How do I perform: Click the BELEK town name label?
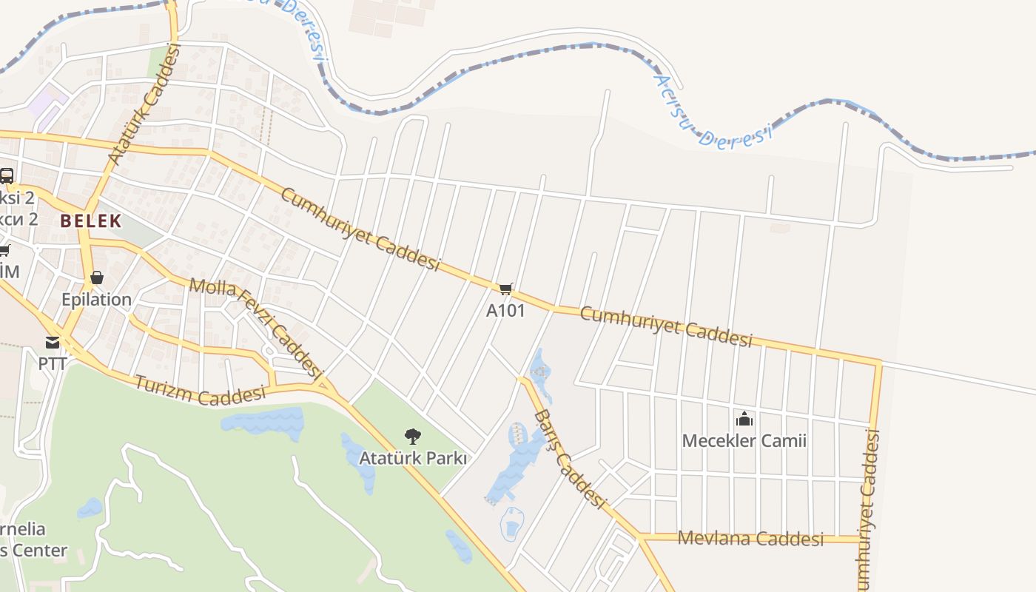pos(91,221)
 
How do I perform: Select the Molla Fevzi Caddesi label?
pos(257,327)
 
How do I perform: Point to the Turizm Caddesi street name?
pos(200,389)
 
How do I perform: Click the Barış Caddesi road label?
pos(568,458)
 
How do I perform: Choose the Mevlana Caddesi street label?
pos(750,539)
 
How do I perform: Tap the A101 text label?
pos(505,310)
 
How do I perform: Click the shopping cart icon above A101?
pos(505,289)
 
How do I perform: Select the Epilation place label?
pos(96,300)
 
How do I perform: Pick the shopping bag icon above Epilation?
pos(96,278)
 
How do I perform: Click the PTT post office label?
pos(53,364)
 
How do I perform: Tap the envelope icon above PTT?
pos(53,343)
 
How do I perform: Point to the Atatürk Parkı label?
pos(413,458)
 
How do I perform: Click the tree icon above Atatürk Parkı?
pos(413,437)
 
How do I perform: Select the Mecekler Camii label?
pos(744,441)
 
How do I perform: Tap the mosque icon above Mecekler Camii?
pos(744,420)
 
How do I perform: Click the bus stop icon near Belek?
pos(7,176)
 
